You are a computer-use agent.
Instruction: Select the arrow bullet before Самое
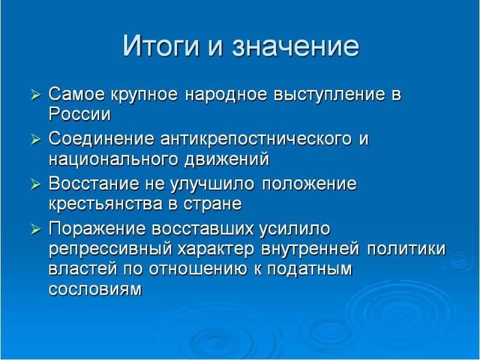pos(36,95)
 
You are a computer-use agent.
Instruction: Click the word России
pos(79,114)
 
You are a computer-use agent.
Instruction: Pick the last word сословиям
pos(95,289)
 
